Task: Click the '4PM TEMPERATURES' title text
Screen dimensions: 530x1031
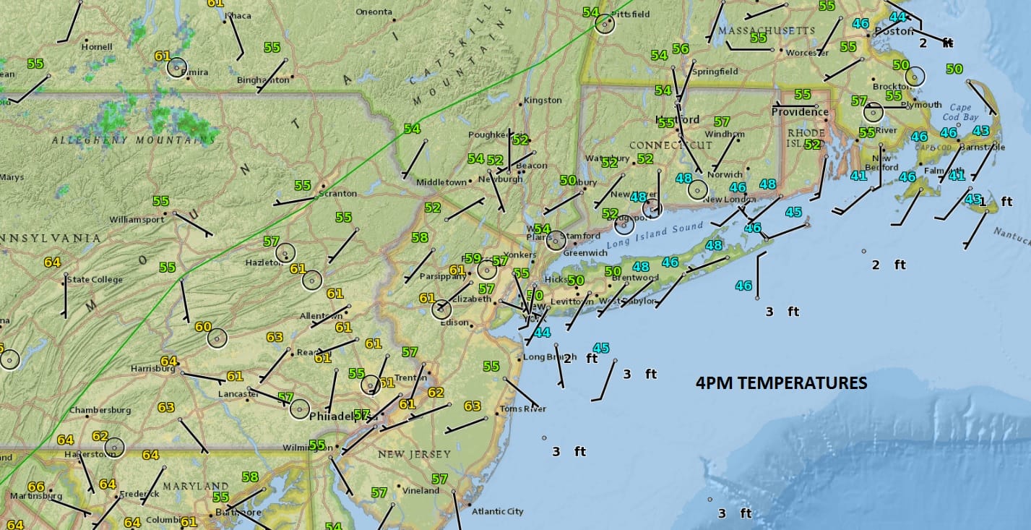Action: [x=781, y=383]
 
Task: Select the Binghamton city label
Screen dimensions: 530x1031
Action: [x=263, y=80]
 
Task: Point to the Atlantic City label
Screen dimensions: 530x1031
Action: [x=497, y=512]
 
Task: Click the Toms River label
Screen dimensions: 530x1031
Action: [x=523, y=409]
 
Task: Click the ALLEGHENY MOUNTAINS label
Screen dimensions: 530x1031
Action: [x=134, y=140]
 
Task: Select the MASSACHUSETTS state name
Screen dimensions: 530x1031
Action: [x=767, y=31]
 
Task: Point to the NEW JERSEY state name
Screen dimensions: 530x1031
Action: [x=414, y=455]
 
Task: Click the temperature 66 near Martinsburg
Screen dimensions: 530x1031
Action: [x=35, y=487]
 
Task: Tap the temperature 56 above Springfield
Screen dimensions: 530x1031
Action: [x=681, y=48]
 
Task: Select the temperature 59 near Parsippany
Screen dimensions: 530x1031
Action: [x=473, y=258]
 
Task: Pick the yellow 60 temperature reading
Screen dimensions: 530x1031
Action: [x=203, y=327]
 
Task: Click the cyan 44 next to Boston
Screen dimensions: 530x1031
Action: [x=897, y=17]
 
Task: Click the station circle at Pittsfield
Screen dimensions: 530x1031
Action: [x=605, y=24]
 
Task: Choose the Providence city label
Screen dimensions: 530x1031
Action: [x=800, y=112]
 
